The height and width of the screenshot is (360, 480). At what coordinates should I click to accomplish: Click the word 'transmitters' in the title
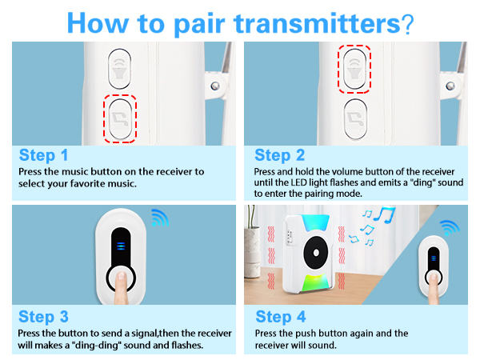[x=318, y=23]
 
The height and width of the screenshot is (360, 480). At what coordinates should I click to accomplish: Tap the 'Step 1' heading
[x=43, y=155]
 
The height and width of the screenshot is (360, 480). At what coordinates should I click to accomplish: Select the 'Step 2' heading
[x=280, y=155]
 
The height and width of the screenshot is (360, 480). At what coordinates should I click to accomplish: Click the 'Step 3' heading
[x=43, y=317]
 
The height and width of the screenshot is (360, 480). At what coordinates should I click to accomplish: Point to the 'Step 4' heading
[x=281, y=317]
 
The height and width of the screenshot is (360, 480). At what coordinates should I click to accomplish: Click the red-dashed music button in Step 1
[x=120, y=118]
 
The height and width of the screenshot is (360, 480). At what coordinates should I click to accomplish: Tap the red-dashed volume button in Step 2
[x=354, y=69]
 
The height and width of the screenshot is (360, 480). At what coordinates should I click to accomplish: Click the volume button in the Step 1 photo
[x=119, y=69]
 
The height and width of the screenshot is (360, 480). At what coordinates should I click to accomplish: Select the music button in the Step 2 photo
[x=355, y=119]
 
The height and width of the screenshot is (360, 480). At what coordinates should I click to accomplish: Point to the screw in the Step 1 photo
[x=215, y=86]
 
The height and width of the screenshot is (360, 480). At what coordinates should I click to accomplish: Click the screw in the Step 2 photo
[x=450, y=86]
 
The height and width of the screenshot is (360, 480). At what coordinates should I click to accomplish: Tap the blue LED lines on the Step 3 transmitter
[x=121, y=246]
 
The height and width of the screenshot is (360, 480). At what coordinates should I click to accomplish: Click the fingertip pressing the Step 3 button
[x=122, y=277]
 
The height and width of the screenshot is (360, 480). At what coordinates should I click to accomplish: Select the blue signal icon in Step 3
[x=161, y=218]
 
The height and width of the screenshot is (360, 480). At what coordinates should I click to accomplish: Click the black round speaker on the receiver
[x=316, y=253]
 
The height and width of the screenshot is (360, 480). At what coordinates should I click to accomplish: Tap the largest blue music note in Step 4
[x=385, y=214]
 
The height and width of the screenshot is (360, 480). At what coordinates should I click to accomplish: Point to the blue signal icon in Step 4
[x=450, y=228]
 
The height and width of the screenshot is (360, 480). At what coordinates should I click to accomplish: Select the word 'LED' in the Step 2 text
[x=298, y=182]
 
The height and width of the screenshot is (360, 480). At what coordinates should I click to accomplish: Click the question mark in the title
[x=408, y=24]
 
